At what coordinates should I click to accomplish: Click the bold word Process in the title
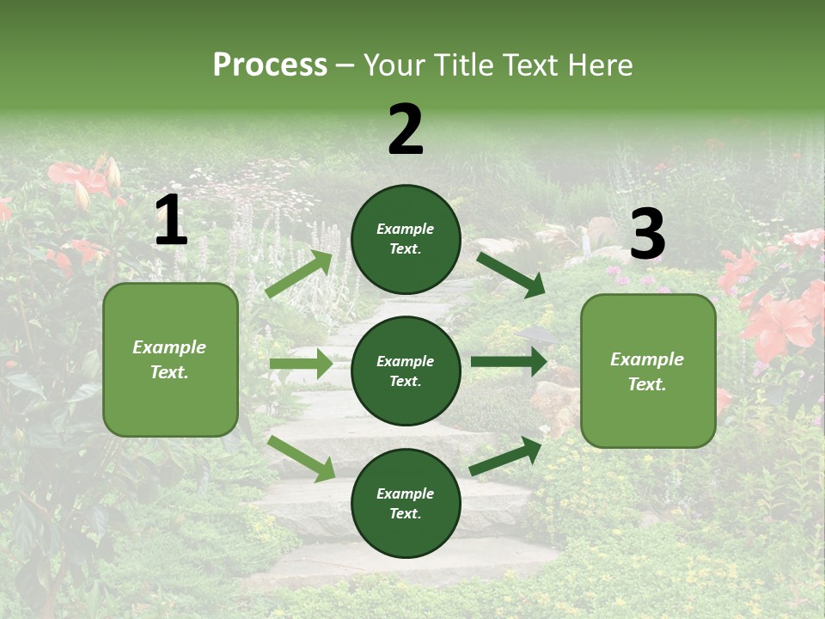(x=270, y=64)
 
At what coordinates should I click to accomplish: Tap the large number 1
(x=171, y=221)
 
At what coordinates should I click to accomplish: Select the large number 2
(x=406, y=130)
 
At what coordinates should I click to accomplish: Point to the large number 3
(x=647, y=234)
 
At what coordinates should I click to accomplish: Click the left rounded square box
(x=170, y=359)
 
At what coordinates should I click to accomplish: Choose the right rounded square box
(x=648, y=371)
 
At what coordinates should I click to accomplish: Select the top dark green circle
(x=406, y=239)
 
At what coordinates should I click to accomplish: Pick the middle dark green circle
(x=406, y=371)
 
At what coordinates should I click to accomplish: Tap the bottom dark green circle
(x=406, y=503)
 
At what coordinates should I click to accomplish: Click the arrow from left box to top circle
(x=299, y=274)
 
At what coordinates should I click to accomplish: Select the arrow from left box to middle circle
(x=301, y=364)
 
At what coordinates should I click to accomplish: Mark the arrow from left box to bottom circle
(x=302, y=458)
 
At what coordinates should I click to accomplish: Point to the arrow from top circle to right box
(x=511, y=274)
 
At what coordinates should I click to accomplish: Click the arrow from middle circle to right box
(x=509, y=362)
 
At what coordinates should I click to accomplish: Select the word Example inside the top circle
(x=406, y=229)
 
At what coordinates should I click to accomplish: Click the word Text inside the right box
(x=647, y=384)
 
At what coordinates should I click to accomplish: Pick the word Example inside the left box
(x=169, y=347)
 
